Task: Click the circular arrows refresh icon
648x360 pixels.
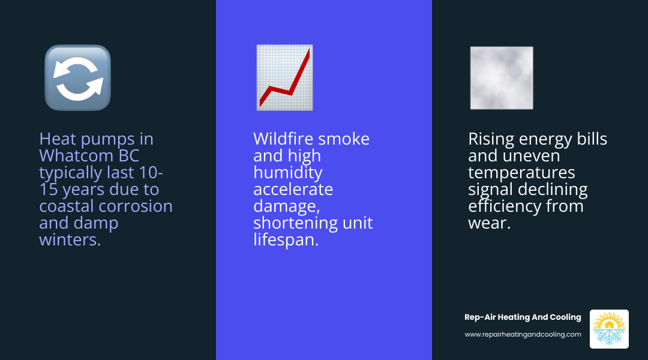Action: (77, 77)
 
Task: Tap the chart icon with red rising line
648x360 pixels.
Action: (284, 77)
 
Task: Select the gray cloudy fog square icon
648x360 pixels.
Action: (502, 78)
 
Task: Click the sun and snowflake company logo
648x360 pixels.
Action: (609, 329)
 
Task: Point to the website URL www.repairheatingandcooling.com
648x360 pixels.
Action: (523, 334)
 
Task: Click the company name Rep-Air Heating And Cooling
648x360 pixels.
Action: (523, 317)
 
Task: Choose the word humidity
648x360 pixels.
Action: (287, 173)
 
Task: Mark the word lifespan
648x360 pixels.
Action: (285, 240)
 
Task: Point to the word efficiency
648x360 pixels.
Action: (505, 206)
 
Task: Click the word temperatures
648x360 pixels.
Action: (521, 173)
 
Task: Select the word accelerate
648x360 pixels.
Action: (293, 190)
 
